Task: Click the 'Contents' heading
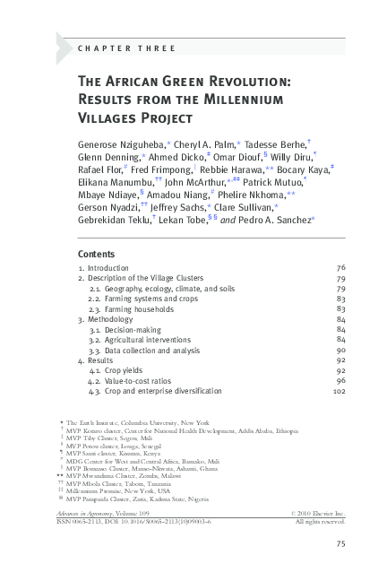96,254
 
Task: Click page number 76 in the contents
340,267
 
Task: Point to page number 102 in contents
339,392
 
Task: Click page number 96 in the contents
340,381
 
